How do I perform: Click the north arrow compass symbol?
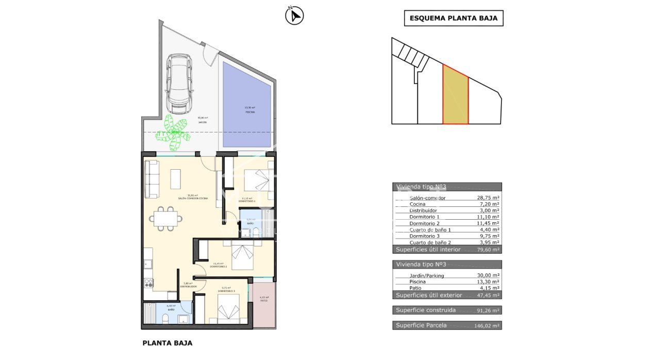294,15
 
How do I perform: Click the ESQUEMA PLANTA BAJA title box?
453,19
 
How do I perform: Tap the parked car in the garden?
179,84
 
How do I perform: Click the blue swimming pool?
246,105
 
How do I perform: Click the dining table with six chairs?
166,218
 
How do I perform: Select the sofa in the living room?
152,179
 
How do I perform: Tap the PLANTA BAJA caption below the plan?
167,343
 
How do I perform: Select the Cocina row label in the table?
418,204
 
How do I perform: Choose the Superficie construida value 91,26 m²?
487,310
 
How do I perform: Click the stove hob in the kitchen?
147,283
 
